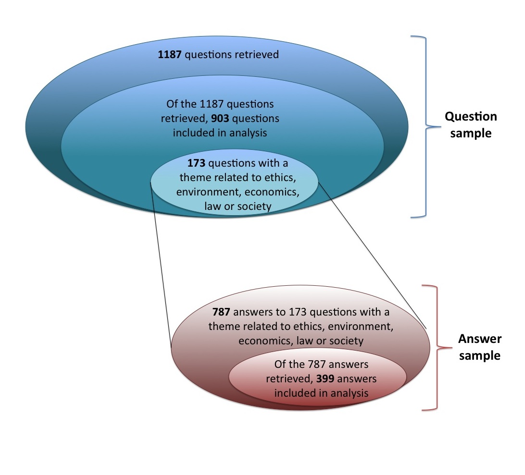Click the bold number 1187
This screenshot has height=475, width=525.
(170, 55)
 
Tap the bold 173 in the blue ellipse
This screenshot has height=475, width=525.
(196, 163)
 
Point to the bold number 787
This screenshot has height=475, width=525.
(223, 312)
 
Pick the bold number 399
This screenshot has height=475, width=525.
(325, 378)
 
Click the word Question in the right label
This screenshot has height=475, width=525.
(471, 117)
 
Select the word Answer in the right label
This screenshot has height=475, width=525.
(479, 339)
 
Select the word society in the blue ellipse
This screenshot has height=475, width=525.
(257, 207)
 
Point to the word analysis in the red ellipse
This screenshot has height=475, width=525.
(346, 393)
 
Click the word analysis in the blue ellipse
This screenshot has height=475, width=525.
(245, 133)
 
